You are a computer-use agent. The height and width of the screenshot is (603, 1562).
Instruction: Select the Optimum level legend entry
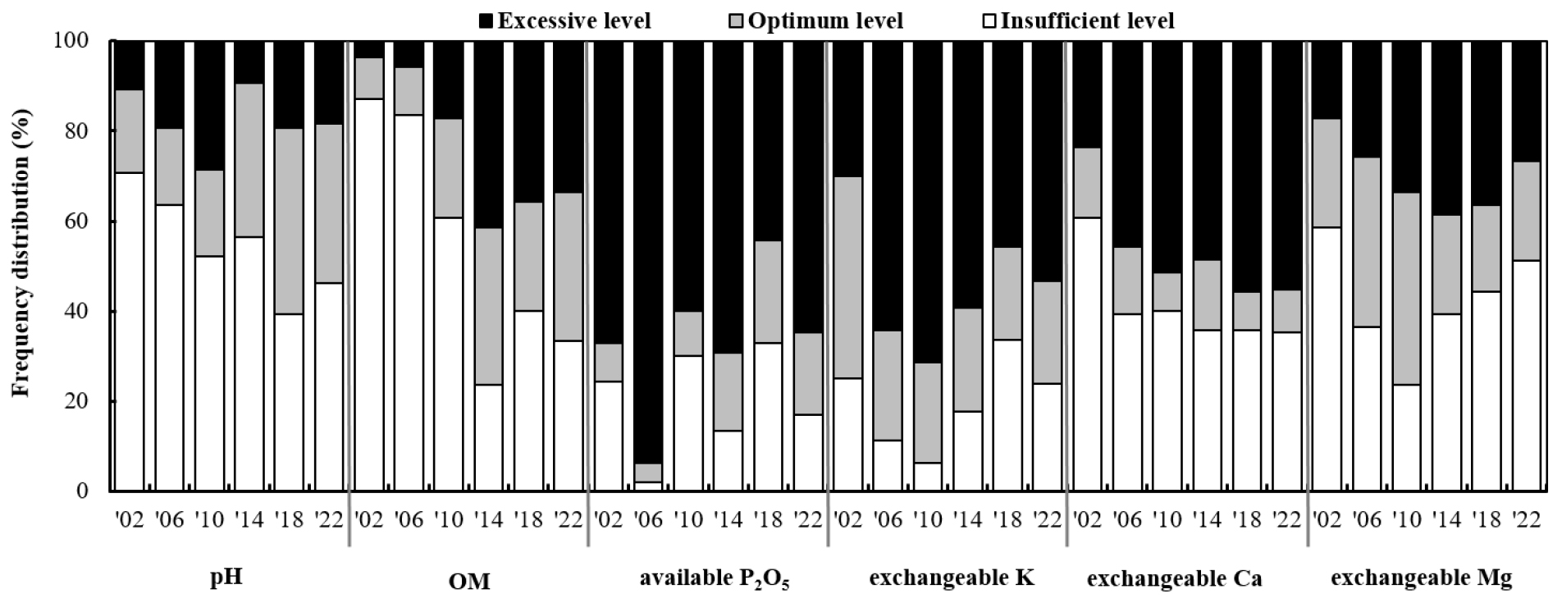[x=824, y=20]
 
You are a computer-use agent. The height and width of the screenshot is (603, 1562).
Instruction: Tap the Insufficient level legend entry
[x=1087, y=20]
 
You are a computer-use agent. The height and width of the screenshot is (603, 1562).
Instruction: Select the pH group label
[x=227, y=578]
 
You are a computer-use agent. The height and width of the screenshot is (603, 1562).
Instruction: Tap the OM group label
[x=469, y=581]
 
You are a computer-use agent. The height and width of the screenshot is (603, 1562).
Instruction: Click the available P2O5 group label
[x=714, y=580]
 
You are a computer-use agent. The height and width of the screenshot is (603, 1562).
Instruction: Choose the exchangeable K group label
[x=952, y=578]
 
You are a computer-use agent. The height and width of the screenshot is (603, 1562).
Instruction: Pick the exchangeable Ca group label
[x=1174, y=579]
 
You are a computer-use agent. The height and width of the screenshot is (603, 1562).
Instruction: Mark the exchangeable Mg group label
[x=1421, y=578]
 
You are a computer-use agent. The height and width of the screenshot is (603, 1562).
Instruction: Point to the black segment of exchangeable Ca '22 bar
[x=1286, y=165]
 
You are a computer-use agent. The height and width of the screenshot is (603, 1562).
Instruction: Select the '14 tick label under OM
[x=489, y=521]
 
